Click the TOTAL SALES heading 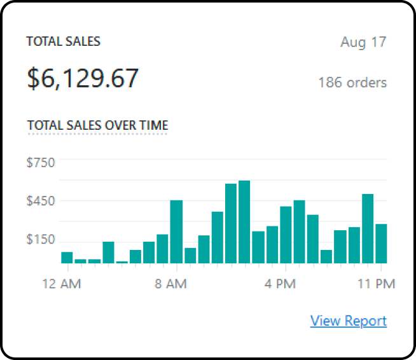[63, 42]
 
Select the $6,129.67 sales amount [83, 78]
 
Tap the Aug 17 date [363, 43]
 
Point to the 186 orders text [352, 83]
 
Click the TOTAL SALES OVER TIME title [97, 125]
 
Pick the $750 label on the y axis [41, 162]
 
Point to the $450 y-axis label [41, 201]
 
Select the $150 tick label [41, 240]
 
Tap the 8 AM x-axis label [171, 284]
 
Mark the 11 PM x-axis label [381, 284]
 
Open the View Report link [348, 321]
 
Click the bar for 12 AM [67, 258]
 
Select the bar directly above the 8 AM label [176, 232]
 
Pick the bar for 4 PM [286, 235]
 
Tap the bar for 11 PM [381, 244]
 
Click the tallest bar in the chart [244, 222]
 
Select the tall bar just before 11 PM [368, 228]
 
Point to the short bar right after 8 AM [190, 256]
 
